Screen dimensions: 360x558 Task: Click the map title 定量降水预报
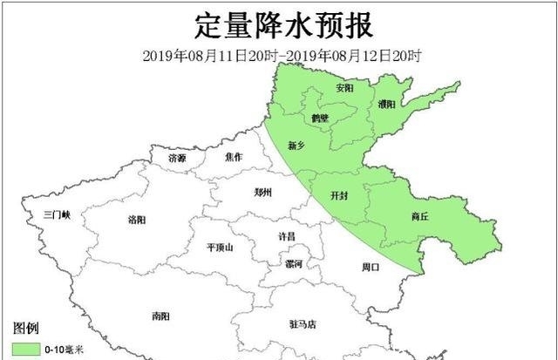(280, 24)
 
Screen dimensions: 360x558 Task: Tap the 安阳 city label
(344, 88)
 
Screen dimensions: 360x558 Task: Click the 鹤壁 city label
(319, 119)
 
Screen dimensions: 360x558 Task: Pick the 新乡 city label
(296, 146)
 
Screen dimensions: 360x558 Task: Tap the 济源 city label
(177, 159)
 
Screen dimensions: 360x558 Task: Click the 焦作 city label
(233, 158)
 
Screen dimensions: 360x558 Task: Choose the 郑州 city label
(262, 193)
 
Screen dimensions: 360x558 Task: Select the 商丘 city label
(421, 216)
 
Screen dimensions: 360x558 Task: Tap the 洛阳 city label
(138, 219)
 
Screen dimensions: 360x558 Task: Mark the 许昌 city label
(286, 236)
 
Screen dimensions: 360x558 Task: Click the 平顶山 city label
(220, 248)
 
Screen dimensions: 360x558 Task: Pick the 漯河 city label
(293, 263)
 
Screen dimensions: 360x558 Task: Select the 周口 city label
(370, 267)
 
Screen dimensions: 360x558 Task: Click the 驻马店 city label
(303, 324)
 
